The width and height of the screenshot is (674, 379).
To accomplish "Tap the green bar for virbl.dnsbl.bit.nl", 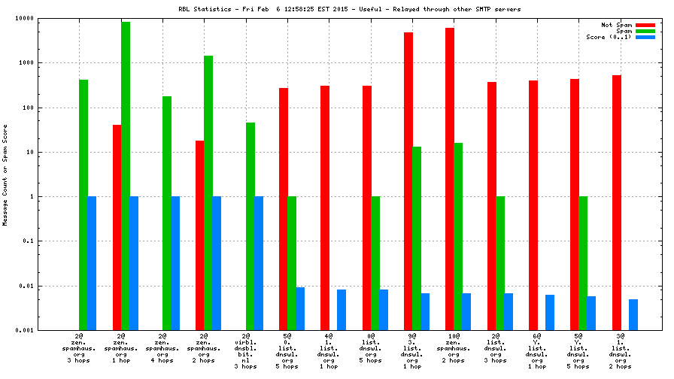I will [250, 226].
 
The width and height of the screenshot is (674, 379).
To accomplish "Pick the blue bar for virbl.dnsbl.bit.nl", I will [259, 263].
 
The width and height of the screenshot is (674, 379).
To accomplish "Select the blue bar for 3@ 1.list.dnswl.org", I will [633, 314].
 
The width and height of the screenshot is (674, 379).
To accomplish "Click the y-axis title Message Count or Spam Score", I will [5, 174].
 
